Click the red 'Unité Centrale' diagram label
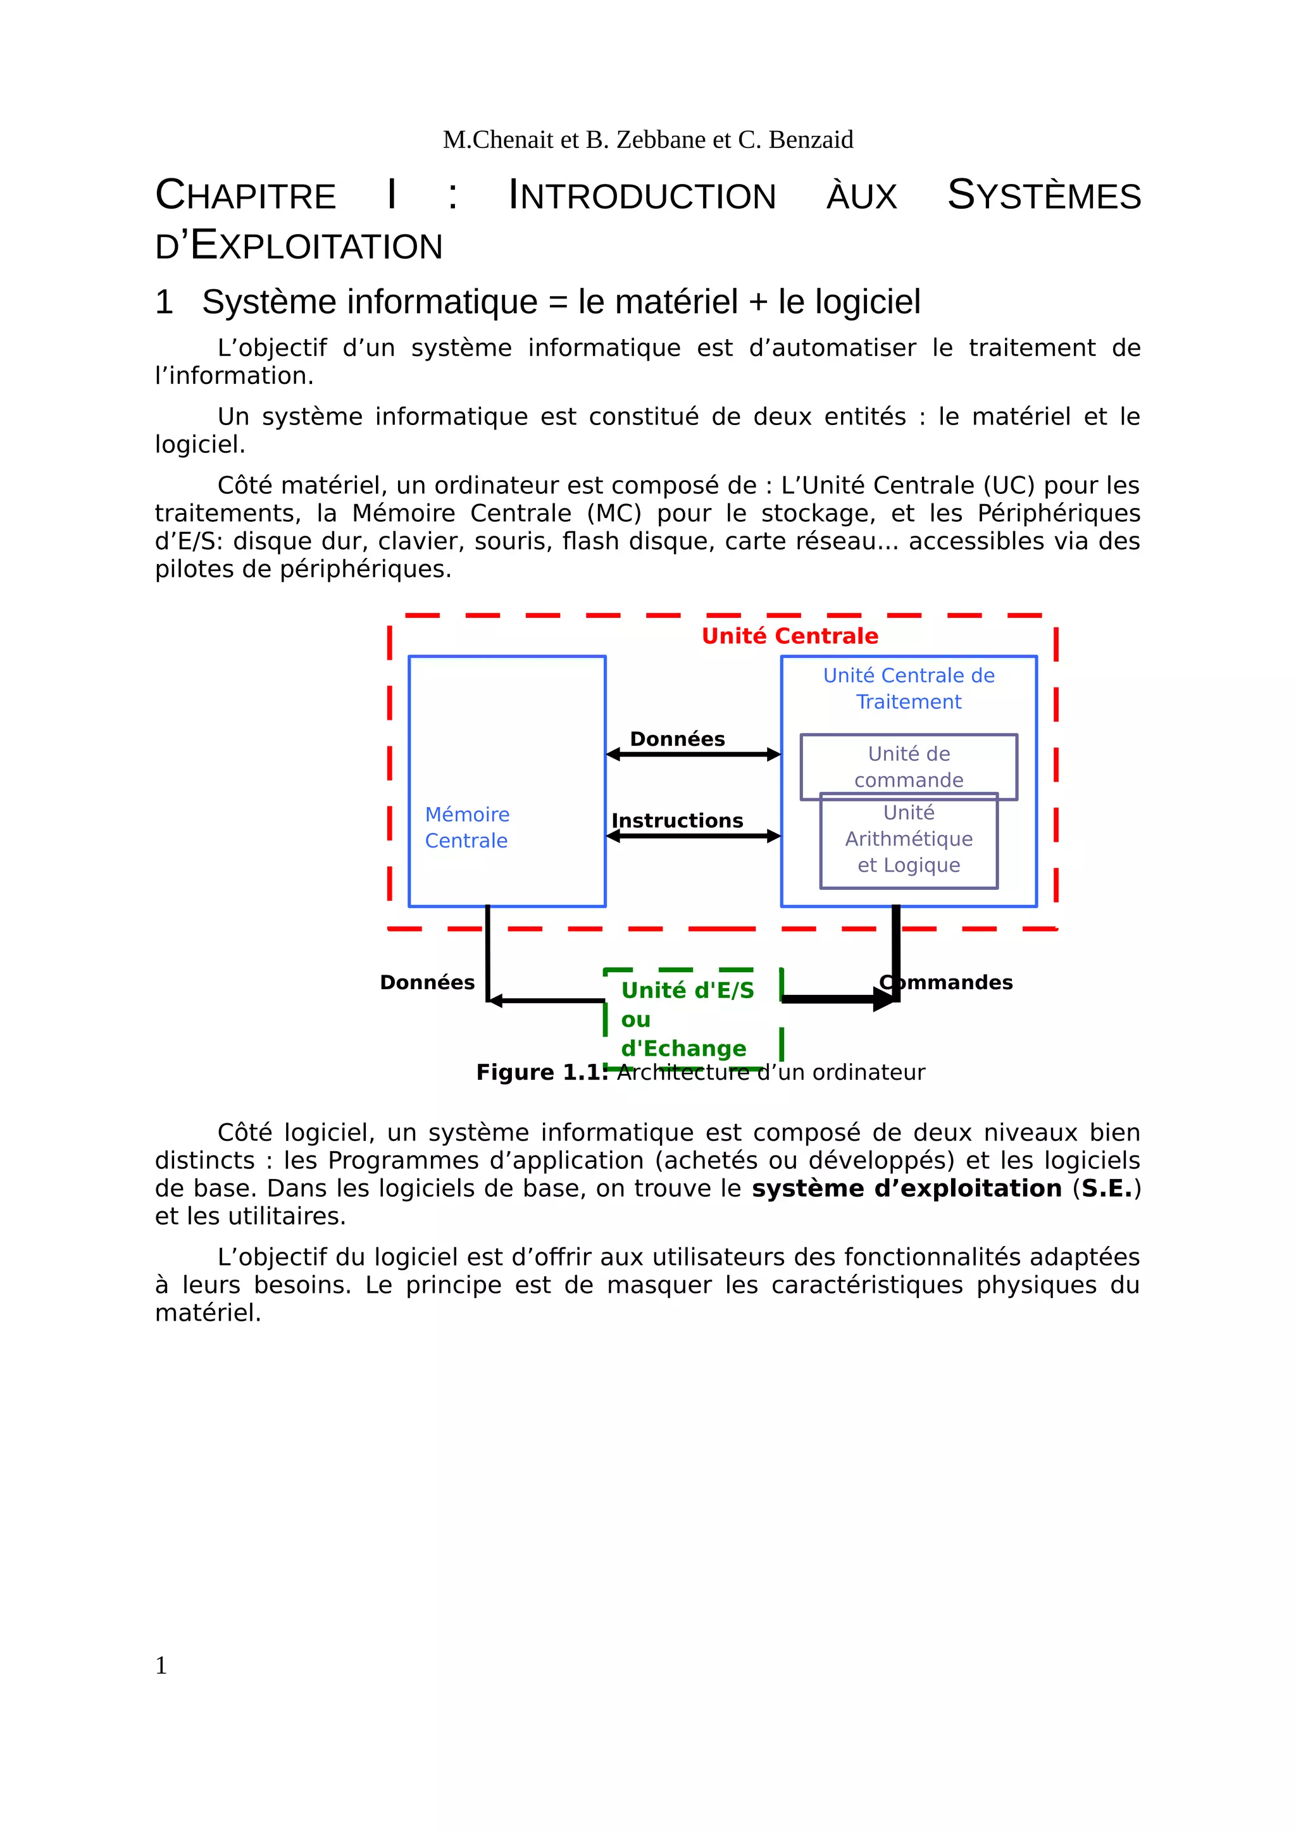tap(789, 636)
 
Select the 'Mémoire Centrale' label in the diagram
tap(466, 827)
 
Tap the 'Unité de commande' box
tap(908, 767)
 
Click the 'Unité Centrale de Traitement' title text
tap(908, 688)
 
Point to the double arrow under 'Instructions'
tap(692, 836)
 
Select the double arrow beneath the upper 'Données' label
tap(692, 755)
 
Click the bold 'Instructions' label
tap(676, 821)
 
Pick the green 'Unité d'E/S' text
tap(687, 991)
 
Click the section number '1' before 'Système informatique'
tap(164, 302)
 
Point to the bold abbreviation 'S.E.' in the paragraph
tap(1107, 1188)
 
